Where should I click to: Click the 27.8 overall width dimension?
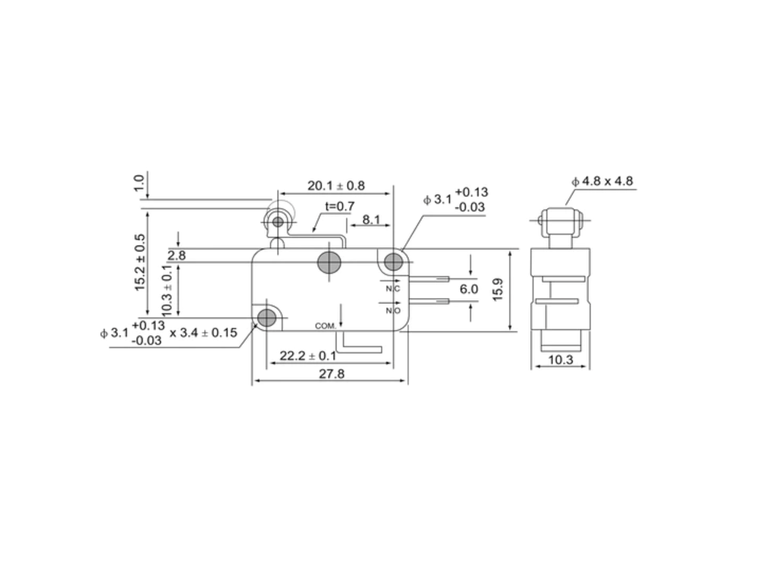coord(331,374)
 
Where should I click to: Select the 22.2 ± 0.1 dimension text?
coord(308,356)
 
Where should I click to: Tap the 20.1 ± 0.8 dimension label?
coord(336,185)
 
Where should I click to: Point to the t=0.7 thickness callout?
coord(340,207)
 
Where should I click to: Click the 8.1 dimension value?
coord(371,219)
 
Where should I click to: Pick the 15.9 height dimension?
coord(498,289)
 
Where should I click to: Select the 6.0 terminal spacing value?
coord(469,289)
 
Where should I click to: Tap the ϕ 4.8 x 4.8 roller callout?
coord(602,181)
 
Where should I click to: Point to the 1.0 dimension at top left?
coord(139,183)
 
